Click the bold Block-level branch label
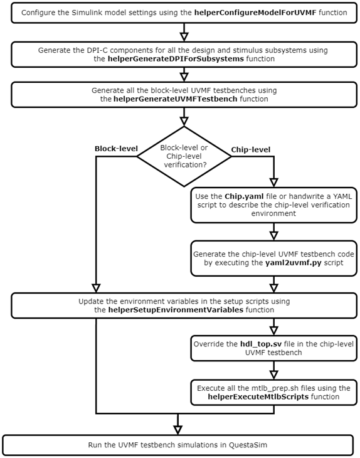115,149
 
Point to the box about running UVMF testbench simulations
181,446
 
